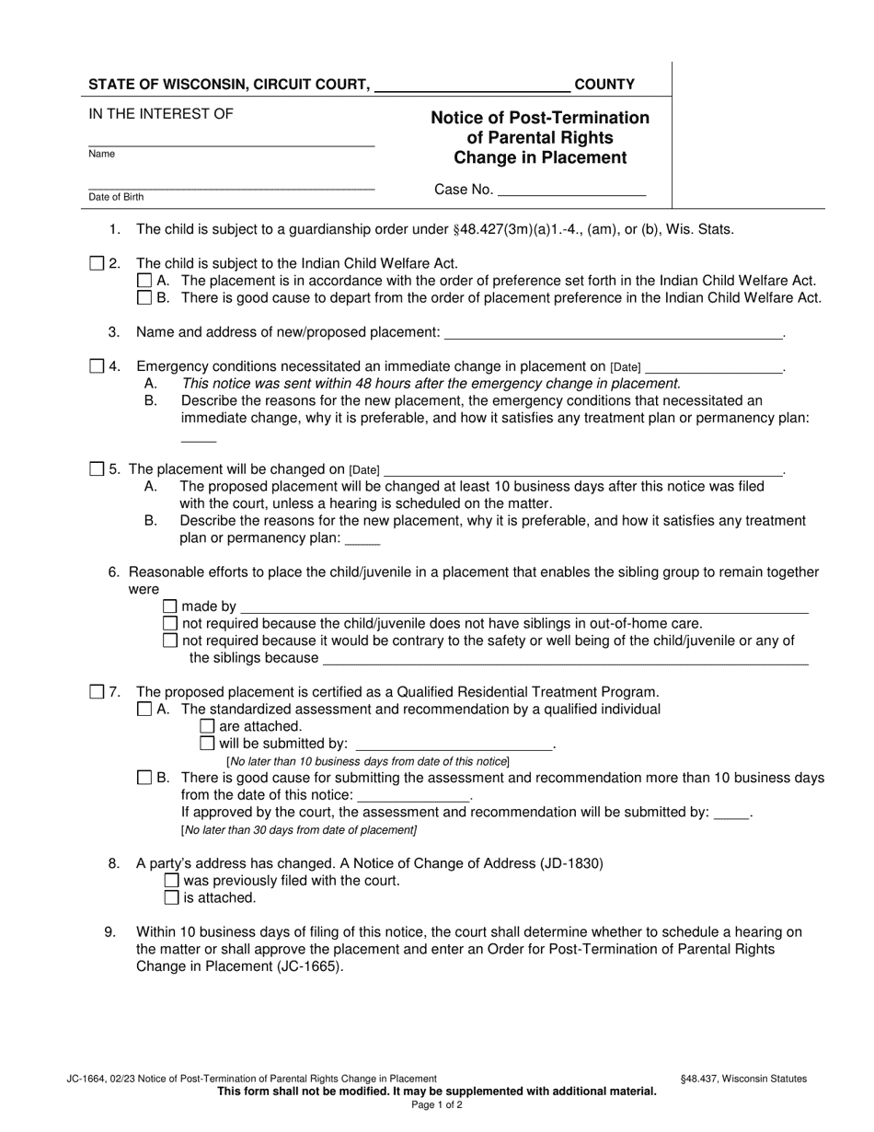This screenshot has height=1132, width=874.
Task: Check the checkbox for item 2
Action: click(98, 264)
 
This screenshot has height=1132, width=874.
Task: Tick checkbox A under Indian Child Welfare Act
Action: click(144, 281)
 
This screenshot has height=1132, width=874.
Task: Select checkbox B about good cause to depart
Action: click(144, 297)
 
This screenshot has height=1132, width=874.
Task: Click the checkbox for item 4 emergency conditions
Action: click(98, 366)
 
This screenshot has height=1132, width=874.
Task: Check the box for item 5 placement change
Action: click(98, 469)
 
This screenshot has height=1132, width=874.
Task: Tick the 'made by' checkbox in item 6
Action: click(170, 606)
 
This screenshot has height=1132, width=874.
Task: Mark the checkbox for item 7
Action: click(98, 692)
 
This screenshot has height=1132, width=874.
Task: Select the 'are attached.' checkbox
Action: click(207, 726)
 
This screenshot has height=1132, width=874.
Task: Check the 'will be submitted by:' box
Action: click(207, 743)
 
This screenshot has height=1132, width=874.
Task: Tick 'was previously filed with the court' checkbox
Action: click(171, 881)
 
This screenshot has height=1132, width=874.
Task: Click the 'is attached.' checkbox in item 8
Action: click(171, 897)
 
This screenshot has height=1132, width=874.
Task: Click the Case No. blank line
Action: click(570, 191)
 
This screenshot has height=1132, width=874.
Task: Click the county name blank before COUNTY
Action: click(472, 87)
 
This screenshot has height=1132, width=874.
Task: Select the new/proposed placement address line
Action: click(612, 333)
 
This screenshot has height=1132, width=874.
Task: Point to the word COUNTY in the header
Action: click(604, 85)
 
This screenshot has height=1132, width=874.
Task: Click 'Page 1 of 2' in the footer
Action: click(437, 1105)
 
